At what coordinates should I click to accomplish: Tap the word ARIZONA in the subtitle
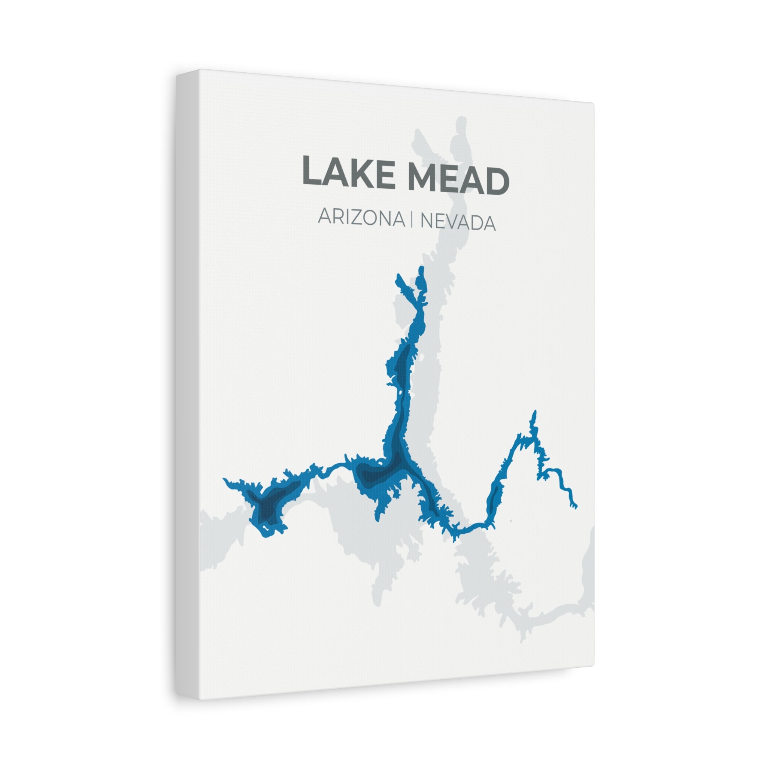pos(361,218)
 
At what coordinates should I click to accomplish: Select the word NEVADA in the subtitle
pos(458,222)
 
